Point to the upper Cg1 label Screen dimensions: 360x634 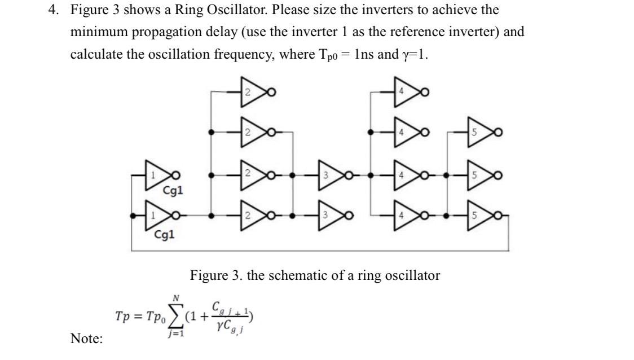pos(173,191)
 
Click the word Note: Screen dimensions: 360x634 pos(86,339)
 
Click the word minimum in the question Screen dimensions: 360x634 pos(99,32)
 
